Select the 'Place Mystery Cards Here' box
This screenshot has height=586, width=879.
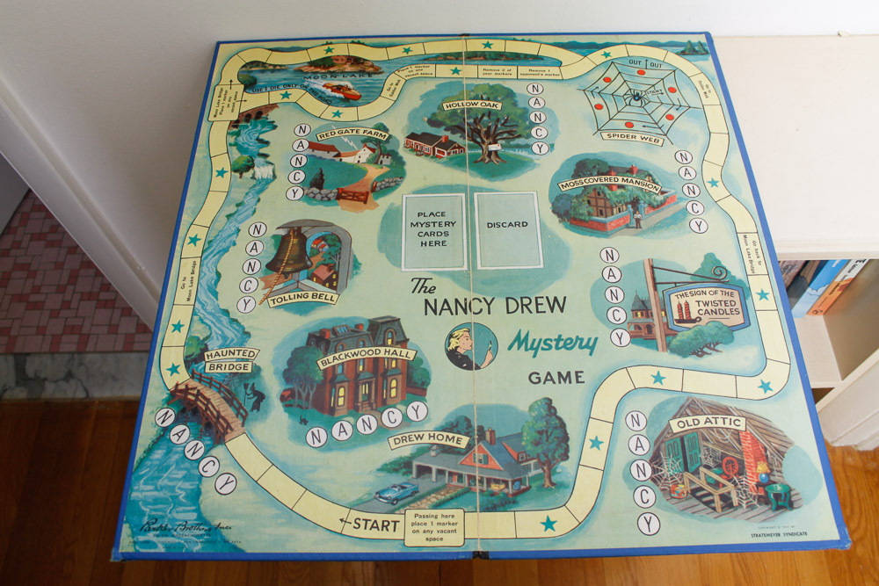[433, 230]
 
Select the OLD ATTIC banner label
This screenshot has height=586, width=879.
[706, 423]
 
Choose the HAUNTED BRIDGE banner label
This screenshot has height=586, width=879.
[231, 359]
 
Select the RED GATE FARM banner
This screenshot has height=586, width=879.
[352, 134]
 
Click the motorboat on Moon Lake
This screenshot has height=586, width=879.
[340, 91]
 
